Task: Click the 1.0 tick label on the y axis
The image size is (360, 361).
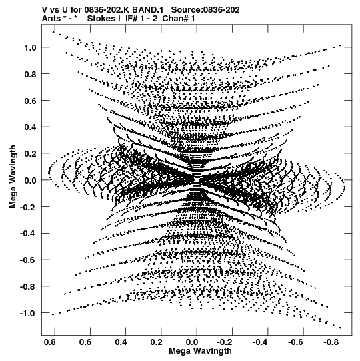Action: coord(30,48)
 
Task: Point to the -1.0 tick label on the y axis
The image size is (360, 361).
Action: coord(28,314)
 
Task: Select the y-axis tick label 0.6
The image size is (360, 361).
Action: coord(30,101)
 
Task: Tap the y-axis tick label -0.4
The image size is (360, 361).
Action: coord(28,234)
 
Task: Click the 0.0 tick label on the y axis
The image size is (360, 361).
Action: coord(30,180)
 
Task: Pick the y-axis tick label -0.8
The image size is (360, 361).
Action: coord(28,287)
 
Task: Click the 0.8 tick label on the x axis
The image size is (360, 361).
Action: coord(50,342)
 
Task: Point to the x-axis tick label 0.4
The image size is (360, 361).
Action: coord(121,342)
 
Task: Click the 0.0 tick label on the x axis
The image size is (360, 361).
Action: coord(192,342)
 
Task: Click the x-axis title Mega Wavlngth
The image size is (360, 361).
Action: coord(200,351)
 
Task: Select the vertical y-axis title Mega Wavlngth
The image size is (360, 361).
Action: coord(13,177)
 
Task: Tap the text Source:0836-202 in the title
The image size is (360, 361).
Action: coord(205,10)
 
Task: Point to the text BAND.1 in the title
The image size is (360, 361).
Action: coord(148,10)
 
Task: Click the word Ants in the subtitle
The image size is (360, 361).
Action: coord(51,19)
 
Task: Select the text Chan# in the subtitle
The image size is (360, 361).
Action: coord(175,19)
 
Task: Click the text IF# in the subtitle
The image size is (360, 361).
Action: coord(131,19)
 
